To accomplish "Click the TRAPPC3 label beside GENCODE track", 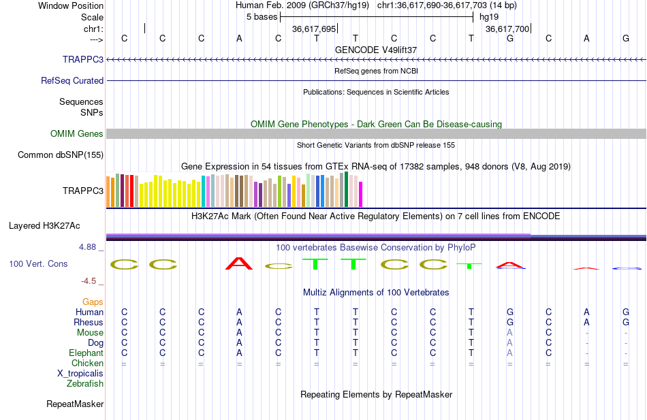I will pos(83,59).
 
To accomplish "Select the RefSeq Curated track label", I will pos(72,80).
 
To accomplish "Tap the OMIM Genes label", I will pos(77,133).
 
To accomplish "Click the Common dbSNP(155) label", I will pos(61,155).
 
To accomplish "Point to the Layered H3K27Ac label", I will pos(54,225).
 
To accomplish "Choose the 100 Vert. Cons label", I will pos(38,263).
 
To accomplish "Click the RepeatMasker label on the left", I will pos(75,404).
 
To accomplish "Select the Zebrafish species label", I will pos(85,383).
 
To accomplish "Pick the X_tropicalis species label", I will pos(80,373).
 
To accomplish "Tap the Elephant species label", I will pos(86,353).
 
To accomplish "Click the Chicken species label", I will pos(87,363).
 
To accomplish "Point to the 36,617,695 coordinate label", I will pos(314,29).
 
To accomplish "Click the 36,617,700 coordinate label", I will pos(507,29).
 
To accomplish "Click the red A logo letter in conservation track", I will pos(238,263).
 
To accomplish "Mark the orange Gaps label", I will pos(93,301).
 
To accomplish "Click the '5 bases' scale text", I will pos(262,16).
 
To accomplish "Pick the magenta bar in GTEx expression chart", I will pos(360,194).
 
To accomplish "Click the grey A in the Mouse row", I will pos(509,332).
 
